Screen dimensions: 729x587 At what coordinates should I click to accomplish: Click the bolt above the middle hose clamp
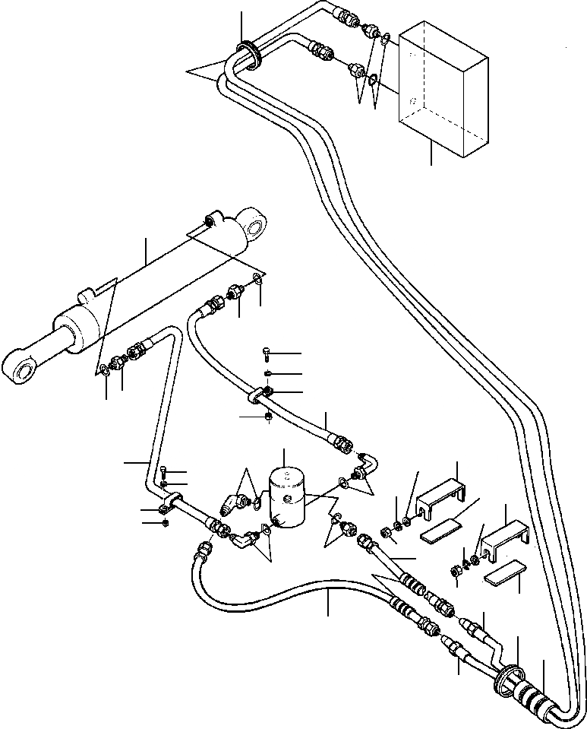[266, 353]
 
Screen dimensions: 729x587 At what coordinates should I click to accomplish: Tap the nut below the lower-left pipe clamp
[165, 521]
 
